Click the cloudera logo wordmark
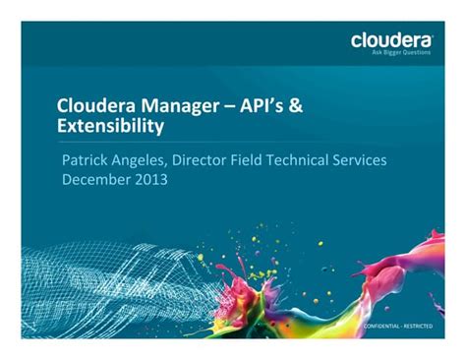[391, 40]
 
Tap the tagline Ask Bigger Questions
[402, 54]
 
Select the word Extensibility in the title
[110, 126]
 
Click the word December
[101, 179]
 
